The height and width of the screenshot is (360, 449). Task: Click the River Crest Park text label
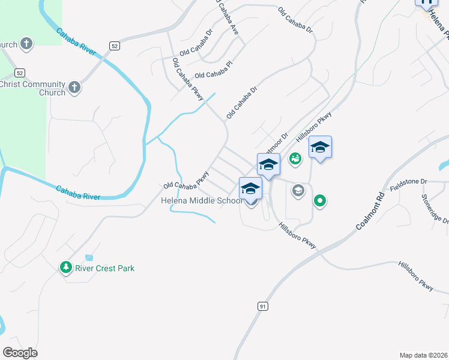pyautogui.click(x=104, y=268)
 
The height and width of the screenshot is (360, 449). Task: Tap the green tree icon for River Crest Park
pyautogui.click(x=65, y=267)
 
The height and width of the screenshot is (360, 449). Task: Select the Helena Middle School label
pyautogui.click(x=201, y=200)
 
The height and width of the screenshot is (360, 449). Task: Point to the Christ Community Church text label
pyautogui.click(x=32, y=88)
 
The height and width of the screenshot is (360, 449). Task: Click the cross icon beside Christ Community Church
pyautogui.click(x=74, y=88)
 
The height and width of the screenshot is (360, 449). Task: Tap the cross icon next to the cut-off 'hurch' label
pyautogui.click(x=26, y=44)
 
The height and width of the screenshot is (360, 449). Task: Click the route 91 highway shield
pyautogui.click(x=262, y=306)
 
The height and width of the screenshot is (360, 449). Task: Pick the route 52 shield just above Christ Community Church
pyautogui.click(x=20, y=73)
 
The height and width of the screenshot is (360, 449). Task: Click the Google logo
pyautogui.click(x=20, y=353)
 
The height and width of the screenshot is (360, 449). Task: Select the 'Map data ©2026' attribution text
pyautogui.click(x=423, y=355)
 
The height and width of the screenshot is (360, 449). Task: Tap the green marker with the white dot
pyautogui.click(x=321, y=201)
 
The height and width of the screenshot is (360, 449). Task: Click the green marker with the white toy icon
pyautogui.click(x=295, y=159)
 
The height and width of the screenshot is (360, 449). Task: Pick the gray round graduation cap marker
pyautogui.click(x=298, y=191)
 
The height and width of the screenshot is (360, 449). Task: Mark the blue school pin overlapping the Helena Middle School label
pyautogui.click(x=250, y=189)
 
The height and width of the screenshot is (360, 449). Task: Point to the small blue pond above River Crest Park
pyautogui.click(x=89, y=257)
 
